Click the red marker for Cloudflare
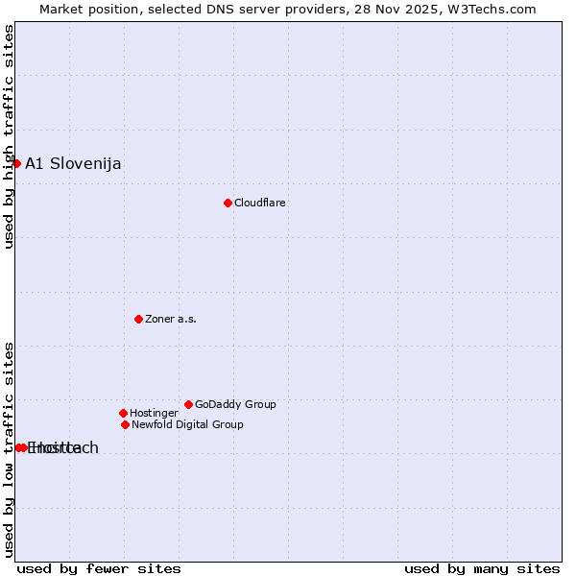click(x=228, y=203)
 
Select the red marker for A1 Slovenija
click(x=16, y=163)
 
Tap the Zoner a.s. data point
click(x=138, y=319)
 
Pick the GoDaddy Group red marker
click(x=188, y=404)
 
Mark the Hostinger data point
click(x=123, y=413)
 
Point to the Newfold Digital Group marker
click(x=125, y=424)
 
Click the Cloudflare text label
click(x=259, y=203)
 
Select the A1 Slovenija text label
click(x=73, y=163)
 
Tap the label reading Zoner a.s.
click(x=171, y=319)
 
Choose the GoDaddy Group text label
click(x=235, y=404)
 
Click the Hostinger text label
click(x=154, y=413)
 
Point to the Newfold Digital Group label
click(x=187, y=424)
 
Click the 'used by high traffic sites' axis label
click(x=9, y=136)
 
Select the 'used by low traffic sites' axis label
click(x=9, y=448)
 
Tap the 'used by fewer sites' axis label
click(x=99, y=568)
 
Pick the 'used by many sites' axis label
click(x=482, y=568)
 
